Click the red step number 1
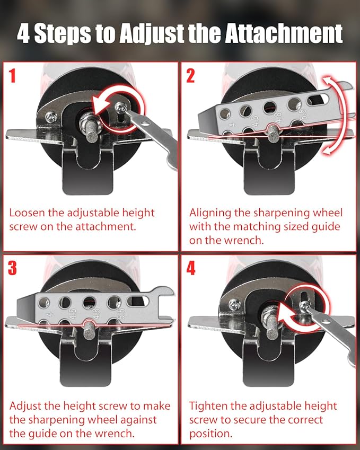[12, 75]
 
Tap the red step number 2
[190, 75]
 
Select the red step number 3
[12, 268]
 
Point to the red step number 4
[191, 268]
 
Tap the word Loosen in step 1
[27, 213]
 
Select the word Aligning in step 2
[210, 213]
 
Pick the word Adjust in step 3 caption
[26, 407]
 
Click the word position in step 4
[210, 434]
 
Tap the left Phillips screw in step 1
[51, 117]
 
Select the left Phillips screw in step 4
[234, 305]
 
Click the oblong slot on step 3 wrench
[138, 301]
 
